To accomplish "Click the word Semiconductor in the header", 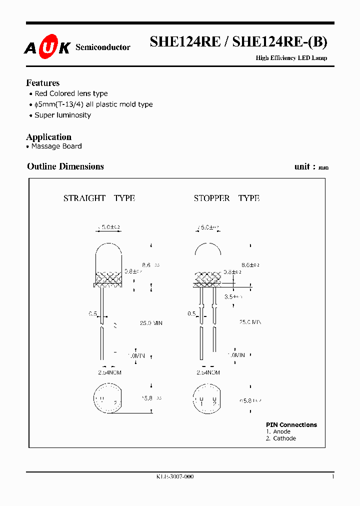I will click(x=102, y=47).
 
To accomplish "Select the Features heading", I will click(x=42, y=83).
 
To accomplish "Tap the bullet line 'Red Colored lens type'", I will click(x=71, y=93).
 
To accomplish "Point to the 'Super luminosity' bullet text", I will click(x=62, y=115).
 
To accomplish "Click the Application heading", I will click(x=48, y=137).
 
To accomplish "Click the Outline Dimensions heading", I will click(x=65, y=166).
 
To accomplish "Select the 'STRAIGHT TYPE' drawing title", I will click(x=99, y=198).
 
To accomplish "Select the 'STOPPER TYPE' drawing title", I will click(x=226, y=198).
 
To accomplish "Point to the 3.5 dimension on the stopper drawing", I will click(x=233, y=296).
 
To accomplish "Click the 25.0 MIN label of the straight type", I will click(x=150, y=323).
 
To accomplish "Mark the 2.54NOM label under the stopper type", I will click(x=208, y=372).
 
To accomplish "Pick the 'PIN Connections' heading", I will click(x=291, y=425).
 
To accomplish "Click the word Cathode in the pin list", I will click(x=284, y=438).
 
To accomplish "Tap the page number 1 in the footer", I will click(x=332, y=477).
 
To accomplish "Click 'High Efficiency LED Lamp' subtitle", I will click(x=291, y=58).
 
